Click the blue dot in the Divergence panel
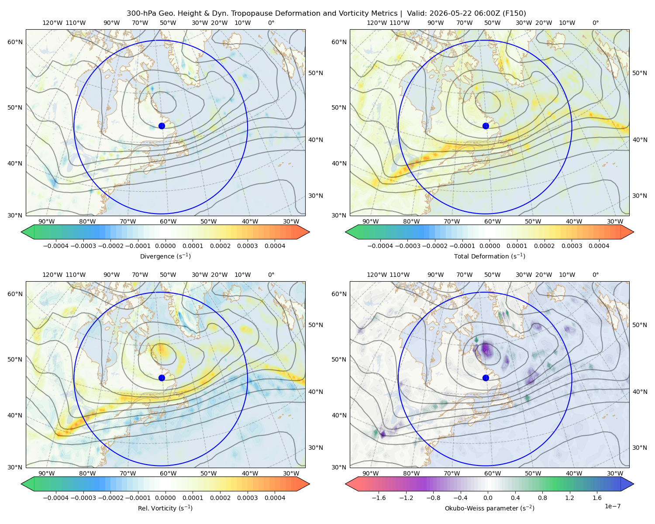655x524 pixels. click(x=162, y=126)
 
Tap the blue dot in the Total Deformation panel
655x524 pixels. click(x=486, y=126)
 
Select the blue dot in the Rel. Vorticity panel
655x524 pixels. click(x=162, y=378)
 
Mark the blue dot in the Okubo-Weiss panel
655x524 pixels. click(x=486, y=378)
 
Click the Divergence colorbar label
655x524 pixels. click(x=165, y=256)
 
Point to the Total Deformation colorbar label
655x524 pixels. click(x=490, y=256)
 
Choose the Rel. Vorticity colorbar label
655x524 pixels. click(x=165, y=508)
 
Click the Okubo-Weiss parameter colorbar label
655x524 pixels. click(x=490, y=508)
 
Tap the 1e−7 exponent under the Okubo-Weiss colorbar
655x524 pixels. click(x=612, y=506)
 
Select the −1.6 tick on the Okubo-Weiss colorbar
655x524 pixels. click(x=379, y=498)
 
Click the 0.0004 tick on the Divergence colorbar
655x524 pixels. click(x=275, y=246)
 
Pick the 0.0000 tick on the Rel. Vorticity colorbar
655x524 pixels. click(x=165, y=498)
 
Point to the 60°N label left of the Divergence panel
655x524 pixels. click(x=15, y=42)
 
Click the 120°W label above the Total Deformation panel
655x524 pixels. click(x=376, y=23)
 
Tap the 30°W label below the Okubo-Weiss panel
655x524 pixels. click(x=615, y=473)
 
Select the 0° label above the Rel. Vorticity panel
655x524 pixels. click(x=271, y=275)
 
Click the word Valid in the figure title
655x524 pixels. click(x=416, y=14)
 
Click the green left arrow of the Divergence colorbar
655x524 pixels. click(x=28, y=232)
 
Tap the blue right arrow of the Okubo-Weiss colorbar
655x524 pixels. click(x=627, y=484)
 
